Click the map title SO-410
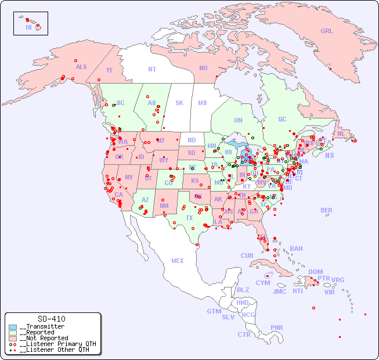pos(51,319)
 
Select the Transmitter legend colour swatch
pos(13,327)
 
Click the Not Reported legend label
pos(44,338)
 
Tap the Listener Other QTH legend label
pos(55,350)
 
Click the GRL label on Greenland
pos(327,31)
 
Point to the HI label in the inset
pos(28,27)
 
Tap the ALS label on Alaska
pos(81,67)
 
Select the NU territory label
pos(203,68)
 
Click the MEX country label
pos(178,261)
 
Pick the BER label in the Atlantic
pos(326,210)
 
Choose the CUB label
pos(247,255)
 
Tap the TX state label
pos(189,218)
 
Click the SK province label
pos(179,103)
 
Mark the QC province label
pos(282,119)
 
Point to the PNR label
pos(277,327)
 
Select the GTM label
pos(214,311)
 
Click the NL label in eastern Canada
pos(341,134)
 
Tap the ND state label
pos(192,140)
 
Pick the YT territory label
pos(109,70)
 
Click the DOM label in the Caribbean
pos(315,272)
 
